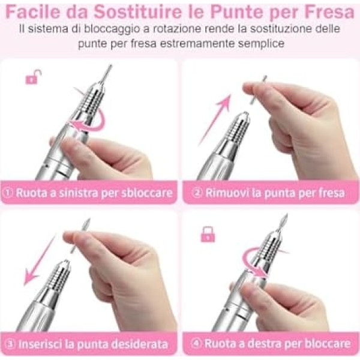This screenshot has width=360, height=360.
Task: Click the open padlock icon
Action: click(34, 77)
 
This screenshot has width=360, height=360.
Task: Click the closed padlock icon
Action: click(208, 234)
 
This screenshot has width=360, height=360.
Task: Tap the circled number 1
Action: click(8, 193)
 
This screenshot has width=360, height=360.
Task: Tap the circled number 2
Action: click(197, 193)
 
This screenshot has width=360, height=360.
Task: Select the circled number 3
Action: click(10, 344)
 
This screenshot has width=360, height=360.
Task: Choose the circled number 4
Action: click(196, 343)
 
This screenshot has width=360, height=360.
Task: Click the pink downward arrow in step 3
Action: click(40, 260)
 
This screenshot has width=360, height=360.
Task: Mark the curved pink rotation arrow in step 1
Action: click(101, 124)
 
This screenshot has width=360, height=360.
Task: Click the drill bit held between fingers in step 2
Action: click(258, 90)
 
